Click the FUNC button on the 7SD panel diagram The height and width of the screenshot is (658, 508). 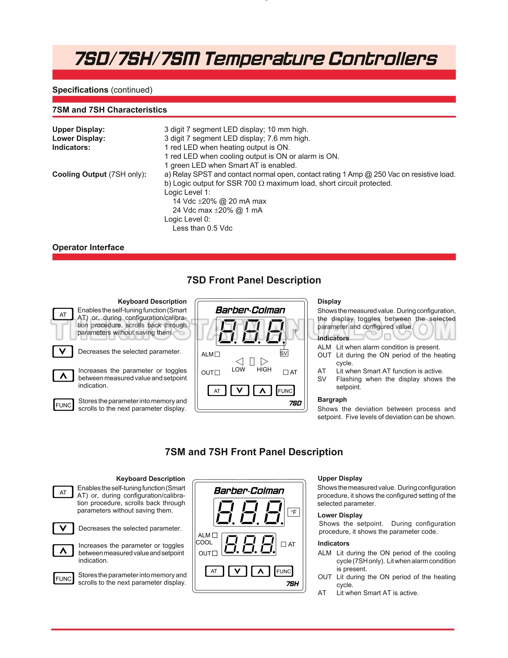tap(285, 391)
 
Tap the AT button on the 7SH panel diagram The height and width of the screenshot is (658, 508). tap(214, 571)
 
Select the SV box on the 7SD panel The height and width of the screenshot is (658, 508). tap(284, 353)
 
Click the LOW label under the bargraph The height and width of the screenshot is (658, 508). tap(238, 370)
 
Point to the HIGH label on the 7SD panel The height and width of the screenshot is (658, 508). tap(264, 370)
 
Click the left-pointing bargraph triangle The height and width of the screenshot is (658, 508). tap(239, 361)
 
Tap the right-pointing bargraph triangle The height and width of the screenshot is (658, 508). tap(264, 361)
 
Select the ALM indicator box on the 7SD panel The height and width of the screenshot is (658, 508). tap(217, 354)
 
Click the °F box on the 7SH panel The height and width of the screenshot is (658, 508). tap(294, 512)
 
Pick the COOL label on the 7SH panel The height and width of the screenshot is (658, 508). tap(204, 542)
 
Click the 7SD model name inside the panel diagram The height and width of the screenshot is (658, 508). tap(295, 403)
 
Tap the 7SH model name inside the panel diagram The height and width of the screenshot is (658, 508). tap(293, 584)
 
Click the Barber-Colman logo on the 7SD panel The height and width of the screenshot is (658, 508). tap(250, 310)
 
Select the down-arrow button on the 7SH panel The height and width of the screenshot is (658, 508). tap(237, 571)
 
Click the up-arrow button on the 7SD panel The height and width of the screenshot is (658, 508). tap(262, 391)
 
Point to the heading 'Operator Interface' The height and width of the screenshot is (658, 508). tap(88, 247)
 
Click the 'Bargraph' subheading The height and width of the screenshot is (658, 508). tap(332, 399)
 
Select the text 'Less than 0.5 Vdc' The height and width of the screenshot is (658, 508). tap(202, 228)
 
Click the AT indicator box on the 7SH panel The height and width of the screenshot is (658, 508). tap(284, 544)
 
